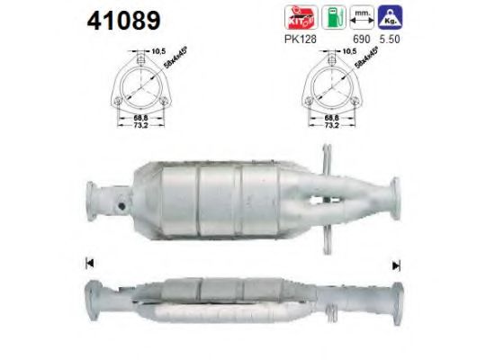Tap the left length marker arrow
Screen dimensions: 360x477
90,264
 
